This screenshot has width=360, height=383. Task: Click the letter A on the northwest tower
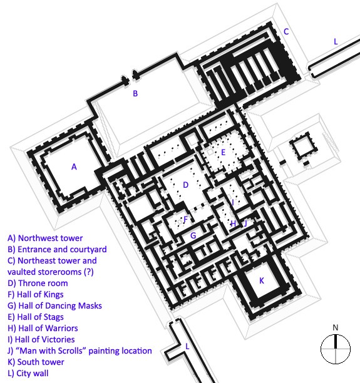pyautogui.click(x=74, y=167)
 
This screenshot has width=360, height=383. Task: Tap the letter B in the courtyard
pyautogui.click(x=135, y=93)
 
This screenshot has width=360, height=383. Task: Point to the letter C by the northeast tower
pyautogui.click(x=286, y=31)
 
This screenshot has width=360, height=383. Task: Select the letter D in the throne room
pyautogui.click(x=186, y=185)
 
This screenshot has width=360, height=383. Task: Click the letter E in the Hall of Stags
pyautogui.click(x=223, y=153)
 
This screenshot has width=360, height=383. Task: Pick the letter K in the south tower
pyautogui.click(x=262, y=280)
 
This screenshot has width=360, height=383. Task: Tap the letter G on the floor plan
pyautogui.click(x=193, y=235)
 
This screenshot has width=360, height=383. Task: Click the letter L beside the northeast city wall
pyautogui.click(x=336, y=41)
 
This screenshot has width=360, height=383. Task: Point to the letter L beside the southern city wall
pyautogui.click(x=187, y=346)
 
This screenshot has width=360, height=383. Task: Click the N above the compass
pyautogui.click(x=336, y=327)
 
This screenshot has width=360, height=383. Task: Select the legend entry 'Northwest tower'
pyautogui.click(x=45, y=238)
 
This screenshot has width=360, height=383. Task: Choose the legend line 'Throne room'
pyautogui.click(x=38, y=283)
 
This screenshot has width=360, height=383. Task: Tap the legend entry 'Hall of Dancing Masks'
pyautogui.click(x=54, y=305)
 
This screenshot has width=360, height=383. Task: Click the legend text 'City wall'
pyautogui.click(x=28, y=373)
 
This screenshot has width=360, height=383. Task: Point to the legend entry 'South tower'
pyautogui.click(x=36, y=362)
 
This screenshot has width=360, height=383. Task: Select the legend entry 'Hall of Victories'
pyautogui.click(x=41, y=340)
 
